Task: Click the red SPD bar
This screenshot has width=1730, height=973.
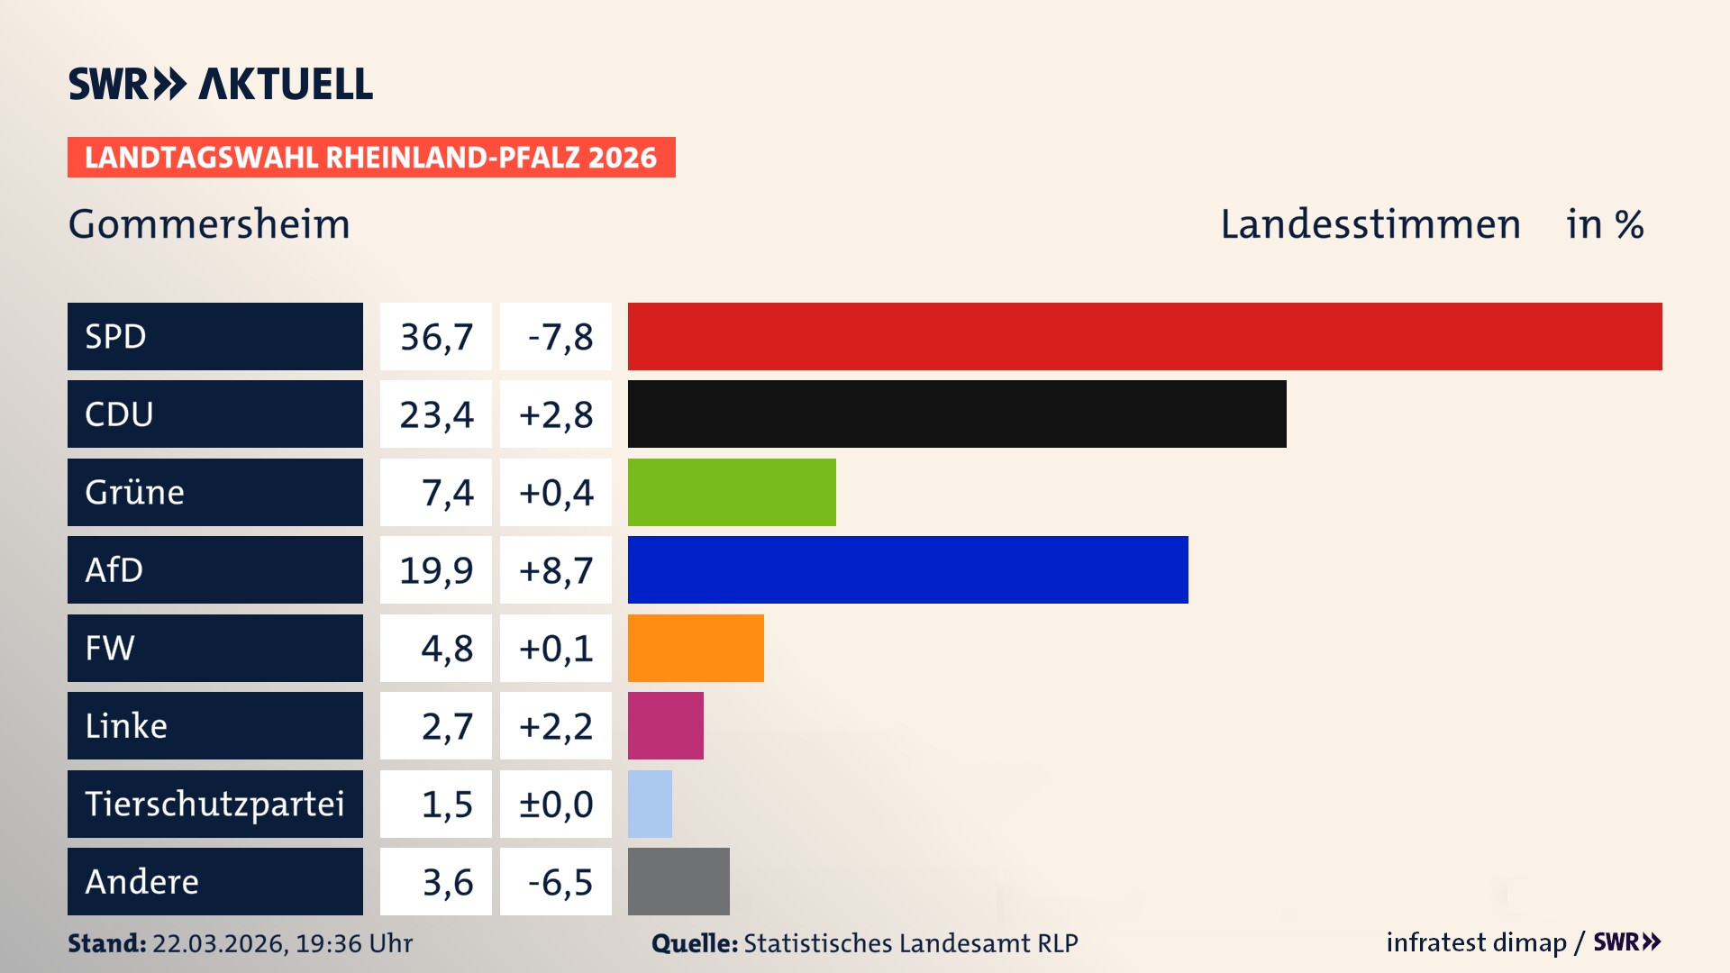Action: click(1144, 336)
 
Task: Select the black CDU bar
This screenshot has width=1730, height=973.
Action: click(957, 414)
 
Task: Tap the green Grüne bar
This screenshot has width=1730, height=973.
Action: click(732, 492)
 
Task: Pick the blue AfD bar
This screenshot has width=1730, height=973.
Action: click(907, 569)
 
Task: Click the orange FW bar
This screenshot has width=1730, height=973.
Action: click(696, 648)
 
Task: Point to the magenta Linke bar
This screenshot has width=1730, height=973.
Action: click(665, 725)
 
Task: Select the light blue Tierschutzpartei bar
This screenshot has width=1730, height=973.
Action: click(650, 804)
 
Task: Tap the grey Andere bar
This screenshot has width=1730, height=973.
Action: click(678, 881)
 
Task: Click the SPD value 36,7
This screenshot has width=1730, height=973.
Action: click(436, 337)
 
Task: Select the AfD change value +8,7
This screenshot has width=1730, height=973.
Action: click(556, 570)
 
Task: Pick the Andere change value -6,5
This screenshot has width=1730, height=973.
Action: click(560, 882)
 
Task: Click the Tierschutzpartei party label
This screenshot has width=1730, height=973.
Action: click(214, 804)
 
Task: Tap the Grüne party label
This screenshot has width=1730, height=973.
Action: click(135, 492)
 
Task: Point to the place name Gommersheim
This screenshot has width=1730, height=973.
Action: click(209, 223)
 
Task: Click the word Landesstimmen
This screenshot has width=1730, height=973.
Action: click(1370, 223)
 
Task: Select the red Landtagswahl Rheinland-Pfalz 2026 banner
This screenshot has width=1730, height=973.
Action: click(371, 158)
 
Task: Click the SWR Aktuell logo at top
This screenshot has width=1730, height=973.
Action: click(221, 84)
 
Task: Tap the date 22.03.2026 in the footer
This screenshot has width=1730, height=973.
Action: click(219, 943)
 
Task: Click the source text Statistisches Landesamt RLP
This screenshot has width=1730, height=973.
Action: click(910, 943)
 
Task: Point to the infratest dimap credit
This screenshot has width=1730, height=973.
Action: click(1476, 942)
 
